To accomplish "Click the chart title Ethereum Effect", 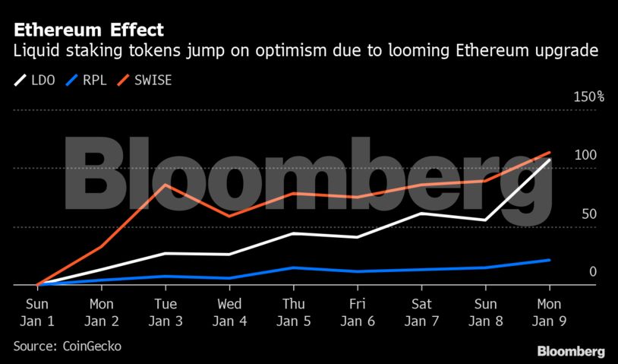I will pyautogui.click(x=88, y=30).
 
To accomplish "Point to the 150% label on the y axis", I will pyautogui.click(x=588, y=97).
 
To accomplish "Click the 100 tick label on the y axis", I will pyautogui.click(x=585, y=155).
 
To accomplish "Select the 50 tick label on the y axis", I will pyautogui.click(x=589, y=214).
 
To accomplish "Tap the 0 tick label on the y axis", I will pyautogui.click(x=593, y=271).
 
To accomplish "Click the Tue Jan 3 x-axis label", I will pyautogui.click(x=166, y=312).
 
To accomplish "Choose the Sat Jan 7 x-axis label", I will pyautogui.click(x=421, y=312).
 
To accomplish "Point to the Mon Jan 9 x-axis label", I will pyautogui.click(x=549, y=312).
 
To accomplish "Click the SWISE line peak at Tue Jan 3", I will pyautogui.click(x=166, y=185).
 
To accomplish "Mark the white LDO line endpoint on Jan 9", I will pyautogui.click(x=549, y=160).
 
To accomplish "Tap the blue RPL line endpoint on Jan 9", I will pyautogui.click(x=549, y=260).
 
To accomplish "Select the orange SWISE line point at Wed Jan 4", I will pyautogui.click(x=229, y=216).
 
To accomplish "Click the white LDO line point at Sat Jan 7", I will pyautogui.click(x=421, y=214).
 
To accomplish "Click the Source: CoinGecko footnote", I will pyautogui.click(x=67, y=346).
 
